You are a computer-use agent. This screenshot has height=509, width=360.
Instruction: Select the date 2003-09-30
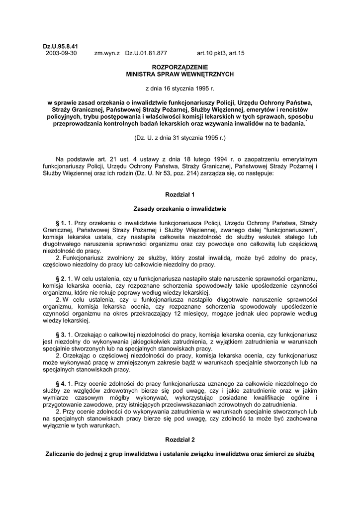pos(61,53)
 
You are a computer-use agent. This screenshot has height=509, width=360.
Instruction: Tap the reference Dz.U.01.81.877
pos(146,53)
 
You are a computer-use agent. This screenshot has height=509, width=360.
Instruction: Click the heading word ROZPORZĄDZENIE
pos(180,67)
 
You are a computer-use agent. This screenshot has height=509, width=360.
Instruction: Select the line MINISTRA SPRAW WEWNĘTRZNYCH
pos(180,74)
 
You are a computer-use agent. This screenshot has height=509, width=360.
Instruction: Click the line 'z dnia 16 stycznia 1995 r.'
pos(180,88)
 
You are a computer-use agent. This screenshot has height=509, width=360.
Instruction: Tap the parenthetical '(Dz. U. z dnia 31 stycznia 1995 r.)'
pos(180,137)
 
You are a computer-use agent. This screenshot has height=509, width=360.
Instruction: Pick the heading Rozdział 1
pos(180,194)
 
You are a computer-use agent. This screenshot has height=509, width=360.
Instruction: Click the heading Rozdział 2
pos(180,440)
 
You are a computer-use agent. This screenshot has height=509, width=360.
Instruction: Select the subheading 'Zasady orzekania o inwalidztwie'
pos(180,209)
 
